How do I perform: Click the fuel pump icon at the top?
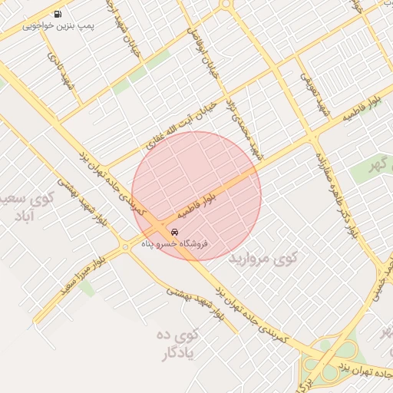pyautogui.click(x=59, y=14)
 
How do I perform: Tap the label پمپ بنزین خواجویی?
pyautogui.click(x=58, y=26)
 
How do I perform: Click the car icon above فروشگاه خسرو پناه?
pyautogui.click(x=176, y=231)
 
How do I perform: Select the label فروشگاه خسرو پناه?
pyautogui.click(x=175, y=243)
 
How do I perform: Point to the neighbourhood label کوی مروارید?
pyautogui.click(x=262, y=259)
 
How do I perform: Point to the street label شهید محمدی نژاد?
pyautogui.click(x=247, y=124)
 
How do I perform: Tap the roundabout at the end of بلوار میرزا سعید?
pyautogui.click(x=124, y=247)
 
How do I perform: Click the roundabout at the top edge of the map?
pyautogui.click(x=225, y=4)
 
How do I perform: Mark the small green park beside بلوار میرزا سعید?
pyautogui.click(x=86, y=289)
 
